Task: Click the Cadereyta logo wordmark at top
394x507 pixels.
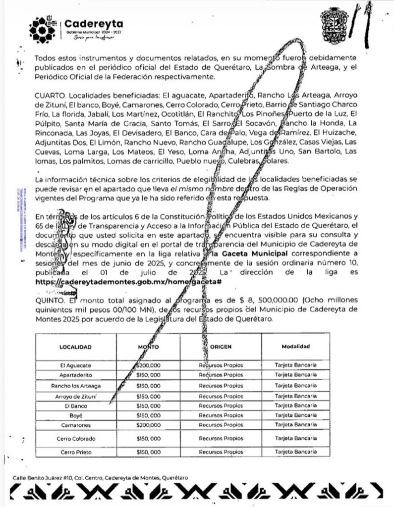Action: point(94,24)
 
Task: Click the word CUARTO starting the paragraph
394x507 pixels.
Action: point(50,95)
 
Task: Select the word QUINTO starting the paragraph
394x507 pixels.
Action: point(50,301)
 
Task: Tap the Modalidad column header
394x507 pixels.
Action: point(296,347)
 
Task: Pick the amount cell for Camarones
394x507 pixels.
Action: point(148,425)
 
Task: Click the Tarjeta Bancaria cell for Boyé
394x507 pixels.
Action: point(296,415)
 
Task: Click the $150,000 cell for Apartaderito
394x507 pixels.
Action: point(148,375)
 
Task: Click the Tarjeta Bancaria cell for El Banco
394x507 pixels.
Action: point(296,406)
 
